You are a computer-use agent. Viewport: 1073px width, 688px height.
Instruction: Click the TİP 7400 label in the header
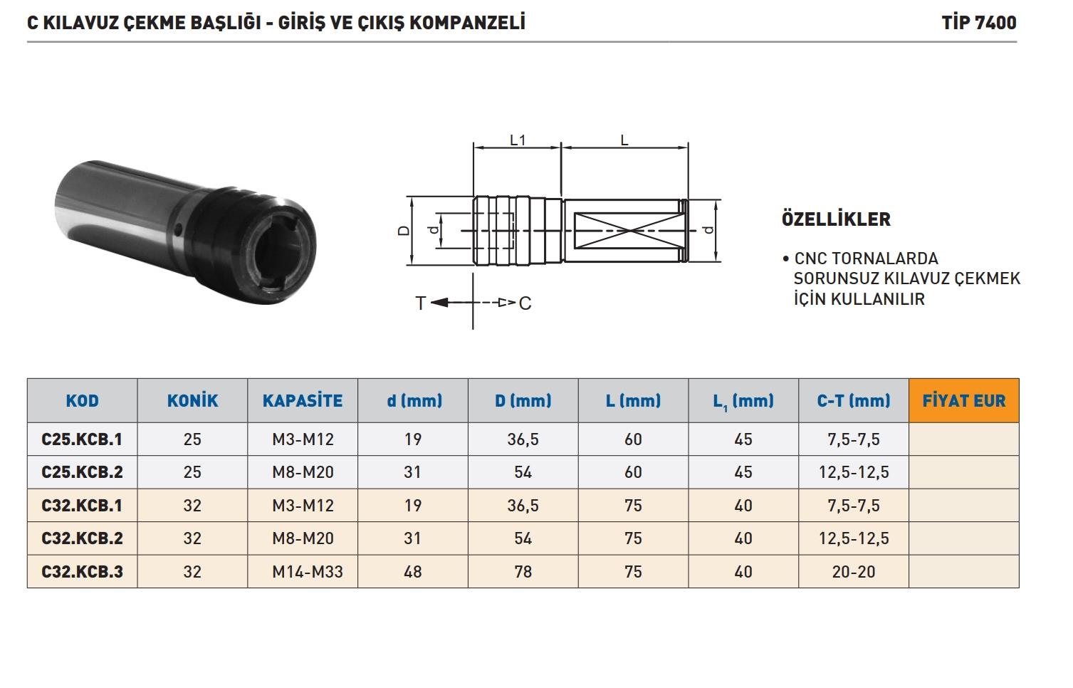(x=978, y=23)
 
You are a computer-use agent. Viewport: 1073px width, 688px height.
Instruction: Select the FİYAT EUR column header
(x=964, y=400)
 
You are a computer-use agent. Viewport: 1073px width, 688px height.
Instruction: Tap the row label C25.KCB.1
(x=82, y=439)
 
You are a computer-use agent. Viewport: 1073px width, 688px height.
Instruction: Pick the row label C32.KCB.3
(x=82, y=572)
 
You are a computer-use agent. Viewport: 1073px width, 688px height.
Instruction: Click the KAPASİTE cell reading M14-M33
(x=308, y=572)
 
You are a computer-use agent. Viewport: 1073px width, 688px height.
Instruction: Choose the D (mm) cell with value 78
(x=523, y=572)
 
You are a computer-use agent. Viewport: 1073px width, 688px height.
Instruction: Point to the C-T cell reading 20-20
(x=854, y=572)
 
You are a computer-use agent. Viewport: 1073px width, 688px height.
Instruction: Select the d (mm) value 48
(x=413, y=572)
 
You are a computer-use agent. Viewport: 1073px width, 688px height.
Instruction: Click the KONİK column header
(x=192, y=400)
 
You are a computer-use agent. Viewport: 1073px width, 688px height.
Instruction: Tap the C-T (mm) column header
(x=854, y=400)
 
